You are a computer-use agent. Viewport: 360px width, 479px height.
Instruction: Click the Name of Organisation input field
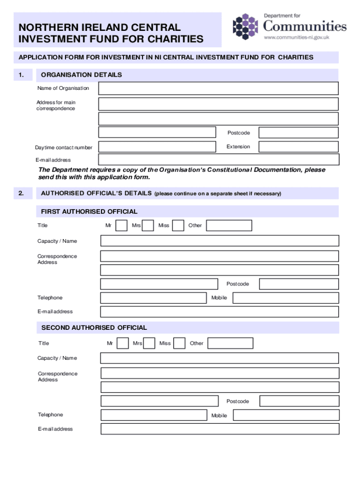point(218,88)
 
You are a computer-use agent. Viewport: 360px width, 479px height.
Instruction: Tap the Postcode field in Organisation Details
point(298,132)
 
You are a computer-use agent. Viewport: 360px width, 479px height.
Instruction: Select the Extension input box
point(298,147)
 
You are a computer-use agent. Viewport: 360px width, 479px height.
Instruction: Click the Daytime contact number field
point(157,147)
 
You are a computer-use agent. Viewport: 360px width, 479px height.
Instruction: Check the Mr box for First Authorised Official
point(121,225)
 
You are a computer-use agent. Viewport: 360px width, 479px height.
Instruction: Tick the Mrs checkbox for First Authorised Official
point(148,225)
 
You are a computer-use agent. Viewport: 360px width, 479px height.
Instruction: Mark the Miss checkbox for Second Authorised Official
point(180,343)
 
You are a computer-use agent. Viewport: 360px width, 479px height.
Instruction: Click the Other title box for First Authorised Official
point(229,225)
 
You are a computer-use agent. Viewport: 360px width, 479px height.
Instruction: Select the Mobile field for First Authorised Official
point(286,298)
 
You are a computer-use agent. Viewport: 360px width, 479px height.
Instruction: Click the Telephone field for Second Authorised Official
point(154,415)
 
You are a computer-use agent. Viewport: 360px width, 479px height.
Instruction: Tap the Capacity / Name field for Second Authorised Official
point(220,358)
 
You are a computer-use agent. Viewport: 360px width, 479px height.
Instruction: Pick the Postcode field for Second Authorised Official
point(299,401)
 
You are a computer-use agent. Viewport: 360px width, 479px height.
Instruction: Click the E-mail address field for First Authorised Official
point(220,312)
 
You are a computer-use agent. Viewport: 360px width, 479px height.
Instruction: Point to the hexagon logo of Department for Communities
point(245,27)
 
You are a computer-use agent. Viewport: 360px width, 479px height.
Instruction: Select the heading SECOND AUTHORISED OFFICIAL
point(94,327)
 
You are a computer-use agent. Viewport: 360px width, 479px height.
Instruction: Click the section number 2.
point(21,193)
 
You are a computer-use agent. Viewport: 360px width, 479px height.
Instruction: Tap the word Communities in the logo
point(305,26)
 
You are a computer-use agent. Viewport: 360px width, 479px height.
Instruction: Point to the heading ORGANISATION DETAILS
point(81,75)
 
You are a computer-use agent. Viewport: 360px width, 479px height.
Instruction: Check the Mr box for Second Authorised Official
point(122,343)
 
